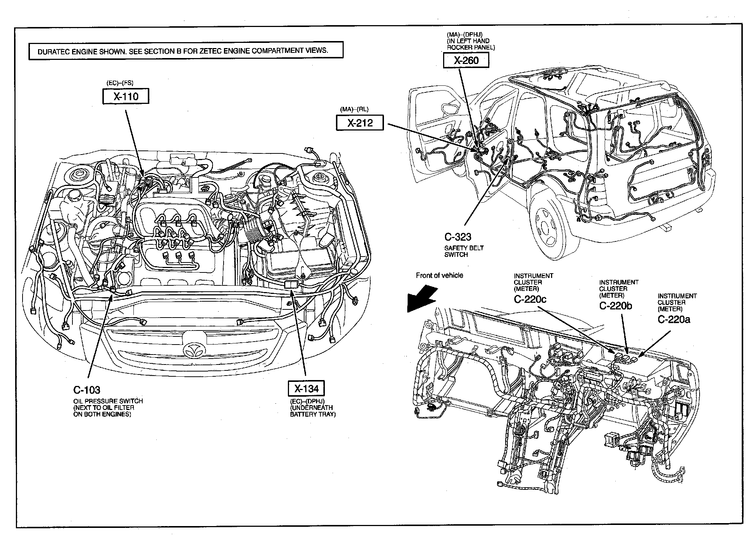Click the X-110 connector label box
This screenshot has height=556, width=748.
point(126,96)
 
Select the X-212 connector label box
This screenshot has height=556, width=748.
point(360,122)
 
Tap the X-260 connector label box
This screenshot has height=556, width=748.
point(466,60)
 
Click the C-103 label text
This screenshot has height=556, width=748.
point(87,390)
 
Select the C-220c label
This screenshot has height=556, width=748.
point(530,299)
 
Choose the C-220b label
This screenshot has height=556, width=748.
point(616,305)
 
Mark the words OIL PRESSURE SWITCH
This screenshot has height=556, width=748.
point(108,401)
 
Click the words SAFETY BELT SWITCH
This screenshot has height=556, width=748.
point(464,251)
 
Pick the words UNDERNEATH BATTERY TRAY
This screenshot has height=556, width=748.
point(313,411)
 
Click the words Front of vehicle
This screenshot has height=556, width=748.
point(439,275)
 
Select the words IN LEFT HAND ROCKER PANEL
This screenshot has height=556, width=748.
point(470,44)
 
